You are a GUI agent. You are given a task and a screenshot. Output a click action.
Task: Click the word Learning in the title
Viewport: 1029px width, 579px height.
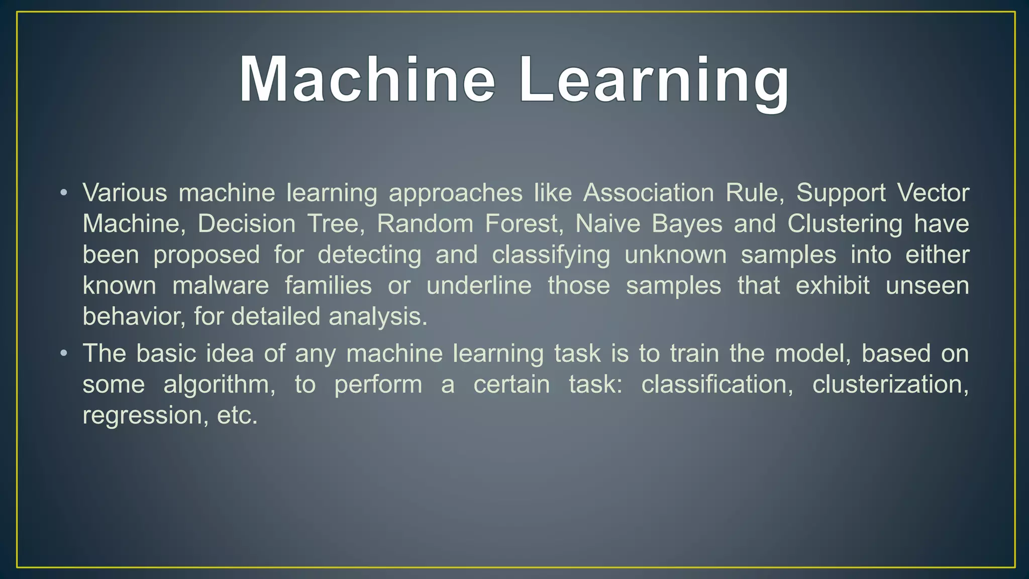click(654, 80)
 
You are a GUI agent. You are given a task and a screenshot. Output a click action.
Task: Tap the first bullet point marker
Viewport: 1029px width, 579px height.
click(63, 193)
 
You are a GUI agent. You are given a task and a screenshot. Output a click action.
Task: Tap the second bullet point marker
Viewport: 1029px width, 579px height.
click(63, 353)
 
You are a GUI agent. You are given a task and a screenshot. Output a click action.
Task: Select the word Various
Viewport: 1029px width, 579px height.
click(125, 193)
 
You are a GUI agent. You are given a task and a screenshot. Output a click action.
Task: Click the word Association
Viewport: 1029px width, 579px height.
click(648, 193)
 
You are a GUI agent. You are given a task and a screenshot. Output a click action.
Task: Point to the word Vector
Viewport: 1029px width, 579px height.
click(933, 193)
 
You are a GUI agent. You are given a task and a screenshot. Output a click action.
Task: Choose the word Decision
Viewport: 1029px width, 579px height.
click(247, 224)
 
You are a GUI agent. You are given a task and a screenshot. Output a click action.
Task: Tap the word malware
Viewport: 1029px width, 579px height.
click(221, 286)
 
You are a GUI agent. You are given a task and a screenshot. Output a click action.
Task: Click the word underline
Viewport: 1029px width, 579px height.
click(479, 286)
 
